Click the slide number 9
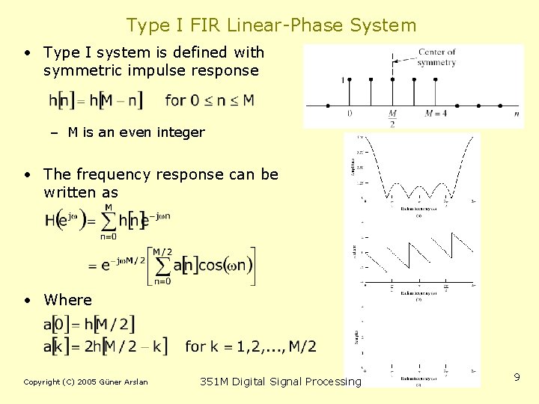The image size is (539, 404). (x=517, y=378)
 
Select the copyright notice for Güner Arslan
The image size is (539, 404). (x=85, y=382)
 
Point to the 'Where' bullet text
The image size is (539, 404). (x=67, y=300)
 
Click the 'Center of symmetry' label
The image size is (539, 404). (x=436, y=58)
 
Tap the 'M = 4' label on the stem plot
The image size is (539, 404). (x=435, y=114)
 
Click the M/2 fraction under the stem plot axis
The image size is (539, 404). (x=392, y=118)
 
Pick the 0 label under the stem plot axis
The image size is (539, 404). (x=350, y=114)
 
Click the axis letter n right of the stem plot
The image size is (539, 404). (x=517, y=114)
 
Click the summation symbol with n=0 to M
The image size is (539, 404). (x=108, y=221)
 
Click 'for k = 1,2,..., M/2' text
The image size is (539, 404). (x=250, y=346)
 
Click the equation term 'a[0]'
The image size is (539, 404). (x=58, y=324)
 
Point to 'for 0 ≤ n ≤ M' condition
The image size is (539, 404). (x=209, y=100)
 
